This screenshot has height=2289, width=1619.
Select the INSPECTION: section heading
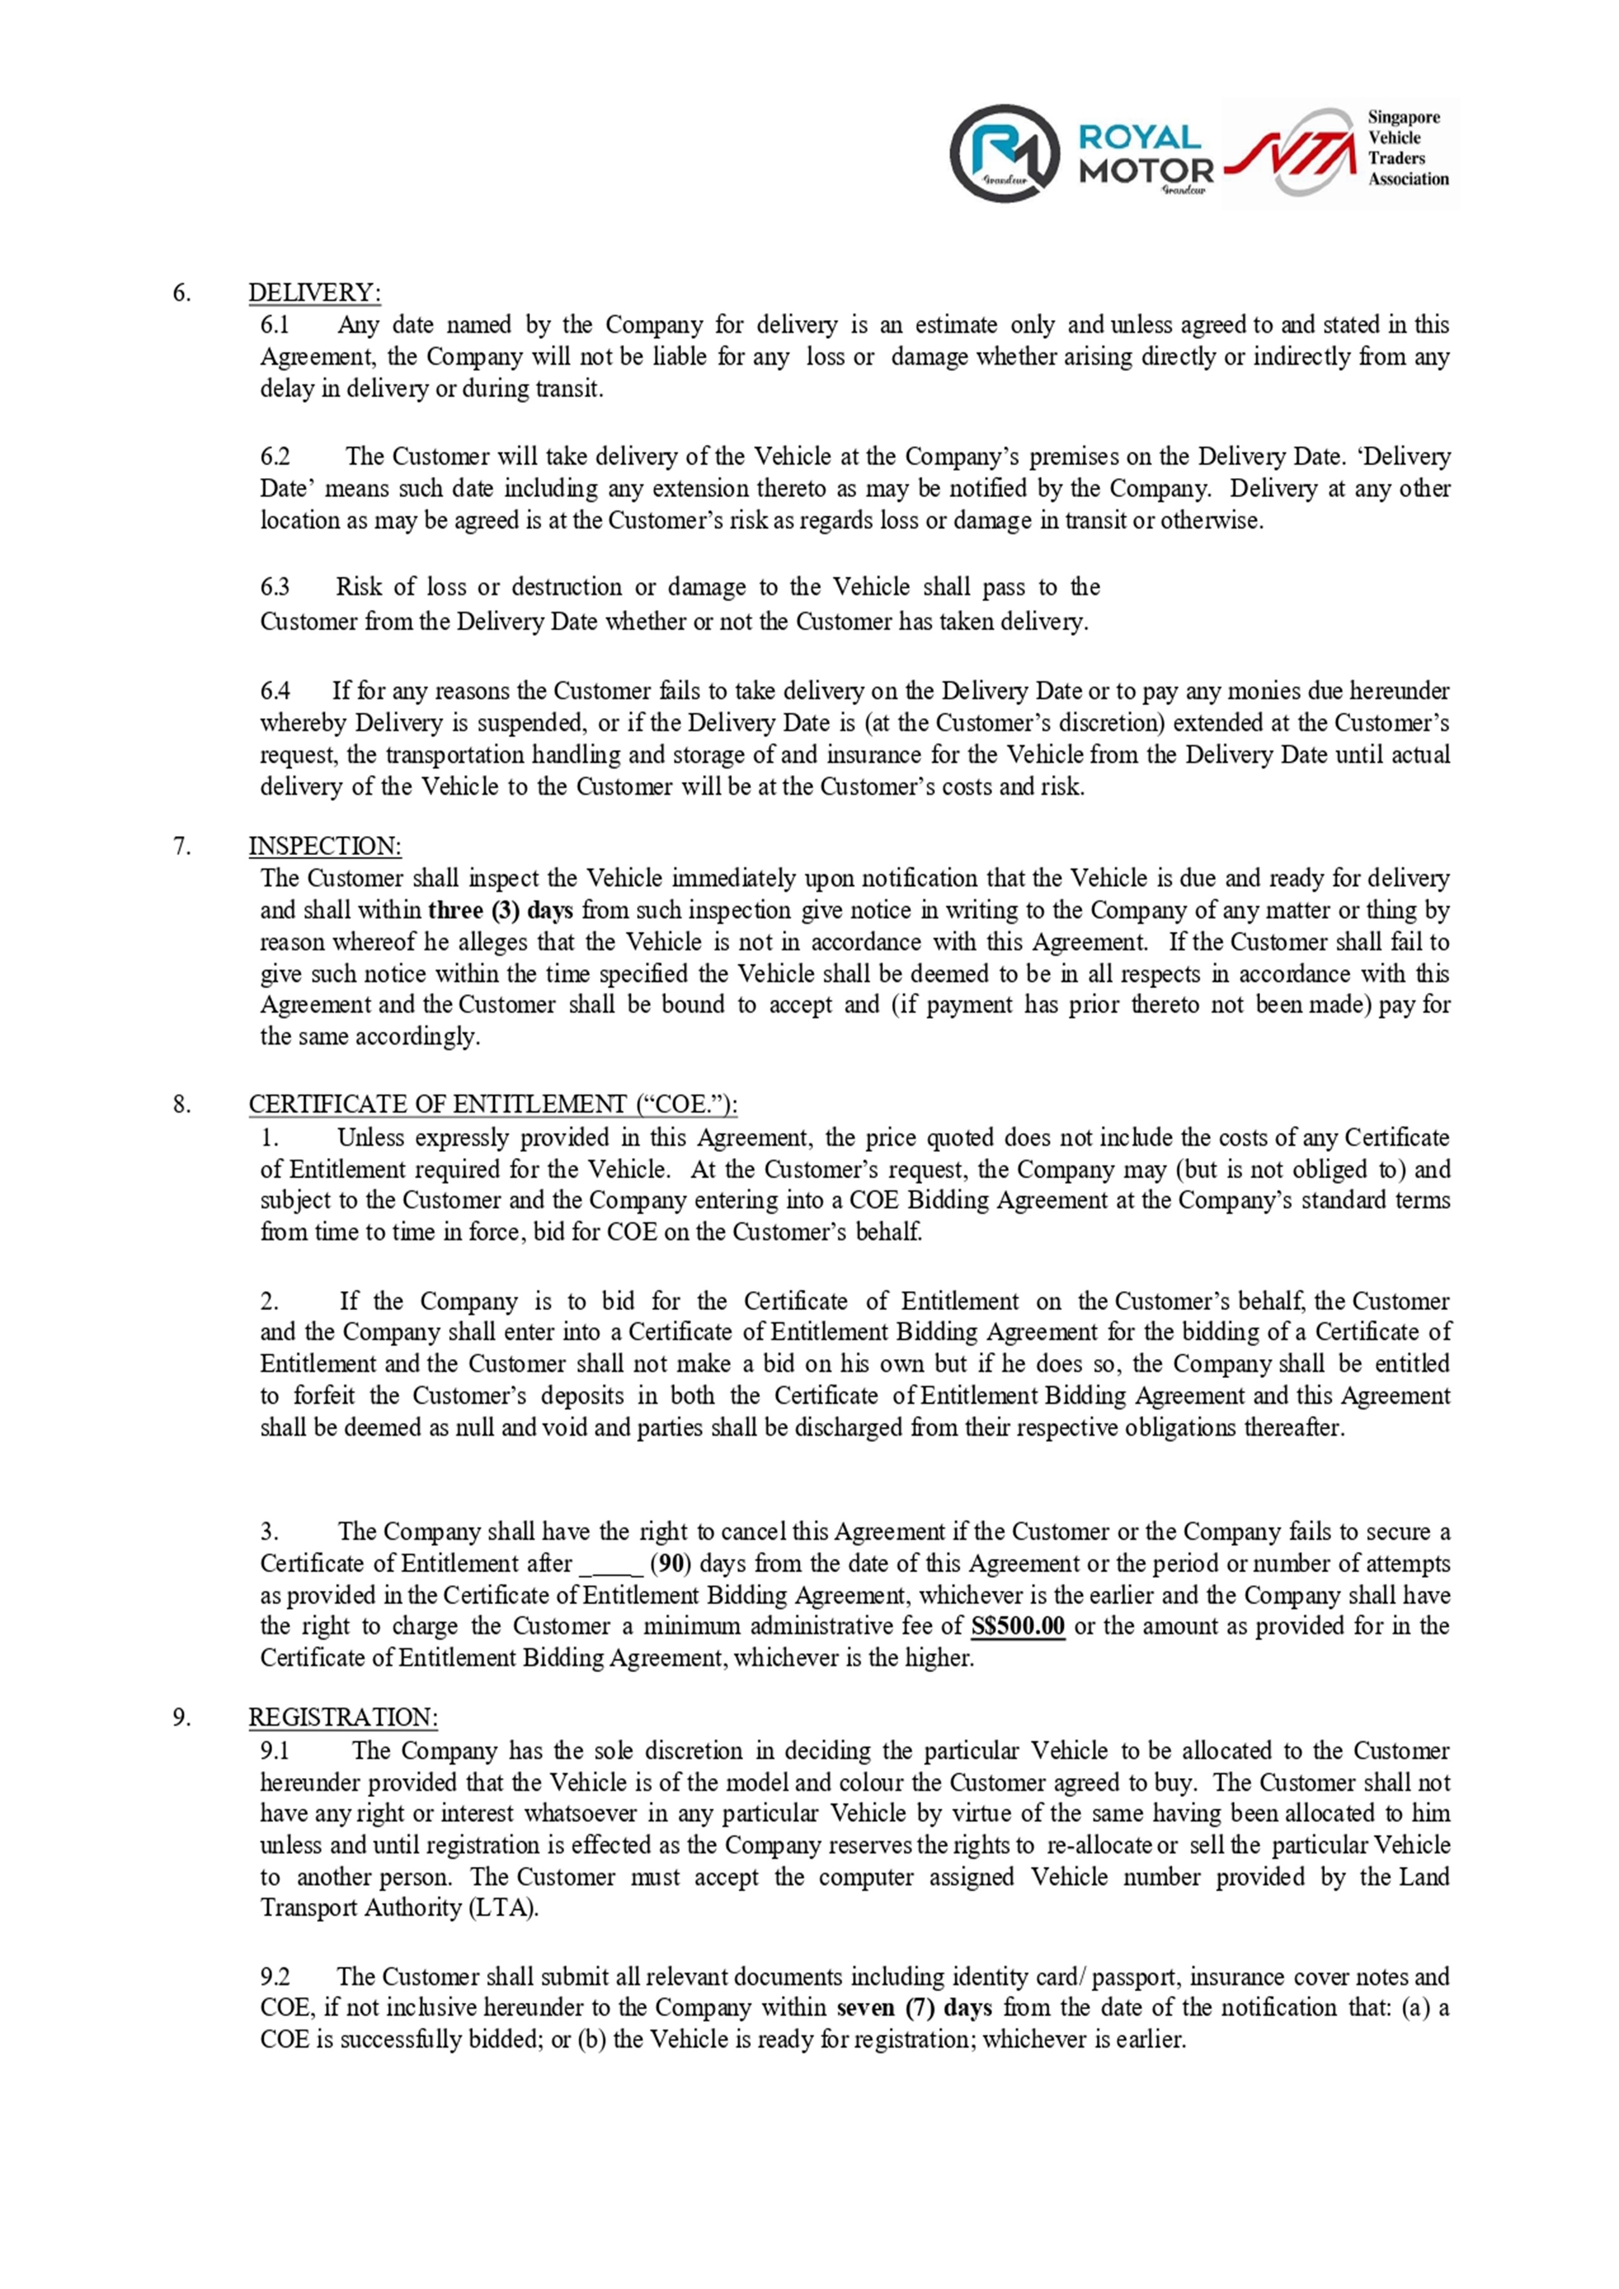(325, 846)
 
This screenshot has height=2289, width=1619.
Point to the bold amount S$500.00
(1018, 1626)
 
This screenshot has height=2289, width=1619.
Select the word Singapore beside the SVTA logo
(1404, 117)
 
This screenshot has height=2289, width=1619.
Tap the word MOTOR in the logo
(1147, 171)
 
